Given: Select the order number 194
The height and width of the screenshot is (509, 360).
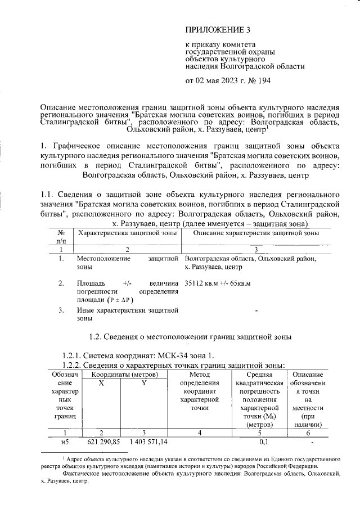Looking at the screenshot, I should point(264,80).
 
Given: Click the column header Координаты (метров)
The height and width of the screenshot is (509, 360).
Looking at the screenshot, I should point(122,375).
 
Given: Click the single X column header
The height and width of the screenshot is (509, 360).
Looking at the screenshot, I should point(101,384).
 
